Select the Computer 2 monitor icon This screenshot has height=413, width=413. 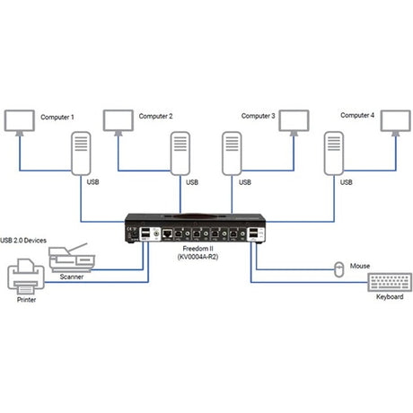pyautogui.click(x=119, y=121)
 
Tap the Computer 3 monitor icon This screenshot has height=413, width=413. pyautogui.click(x=293, y=121)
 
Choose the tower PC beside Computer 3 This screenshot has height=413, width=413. pyautogui.click(x=232, y=154)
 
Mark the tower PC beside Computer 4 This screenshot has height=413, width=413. pyautogui.click(x=333, y=154)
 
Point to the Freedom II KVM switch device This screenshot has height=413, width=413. pyautogui.click(x=195, y=230)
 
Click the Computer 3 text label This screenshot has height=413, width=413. pyautogui.click(x=259, y=116)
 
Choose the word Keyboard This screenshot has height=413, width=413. pyautogui.click(x=389, y=297)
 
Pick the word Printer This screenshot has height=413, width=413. pyautogui.click(x=26, y=302)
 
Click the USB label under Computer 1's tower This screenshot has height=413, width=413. pyautogui.click(x=92, y=181)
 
